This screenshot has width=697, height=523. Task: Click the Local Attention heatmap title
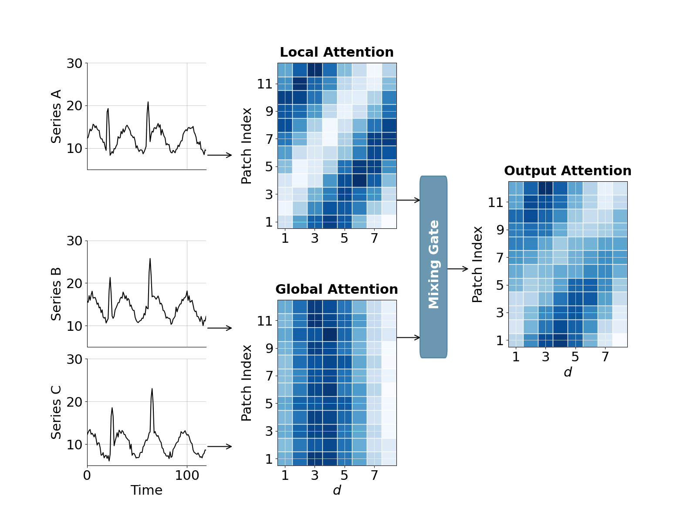[x=336, y=52]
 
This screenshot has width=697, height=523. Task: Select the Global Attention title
[x=336, y=289]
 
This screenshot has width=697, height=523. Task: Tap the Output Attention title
[x=568, y=171]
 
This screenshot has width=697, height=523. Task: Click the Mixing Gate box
[x=433, y=267]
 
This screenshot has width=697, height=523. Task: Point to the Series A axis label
[x=56, y=116]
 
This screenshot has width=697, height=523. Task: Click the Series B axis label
[x=56, y=294]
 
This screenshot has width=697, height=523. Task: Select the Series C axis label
[x=56, y=412]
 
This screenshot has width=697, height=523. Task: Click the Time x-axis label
[x=146, y=490]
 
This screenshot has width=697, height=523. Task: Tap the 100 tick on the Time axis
[x=187, y=475]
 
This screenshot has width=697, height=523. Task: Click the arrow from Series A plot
[x=220, y=155]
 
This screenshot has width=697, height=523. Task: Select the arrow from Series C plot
[x=220, y=446]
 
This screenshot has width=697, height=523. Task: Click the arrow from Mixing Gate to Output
[x=457, y=269]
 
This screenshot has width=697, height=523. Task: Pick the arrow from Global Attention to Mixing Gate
[x=408, y=337]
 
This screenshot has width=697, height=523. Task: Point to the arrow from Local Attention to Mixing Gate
[x=408, y=200]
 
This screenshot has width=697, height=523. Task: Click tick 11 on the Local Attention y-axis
[x=264, y=84]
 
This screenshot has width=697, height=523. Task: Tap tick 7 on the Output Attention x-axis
[x=605, y=357]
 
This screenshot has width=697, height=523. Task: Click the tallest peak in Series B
[x=150, y=259]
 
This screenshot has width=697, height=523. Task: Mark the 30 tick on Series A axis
[x=74, y=63]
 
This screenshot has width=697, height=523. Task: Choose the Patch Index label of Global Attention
[x=247, y=383]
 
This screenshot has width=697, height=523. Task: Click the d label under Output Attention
[x=568, y=372]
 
